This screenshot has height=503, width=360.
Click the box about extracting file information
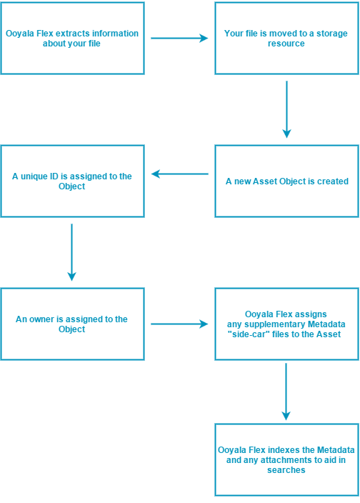[72, 38]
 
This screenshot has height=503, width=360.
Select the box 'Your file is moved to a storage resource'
[286, 38]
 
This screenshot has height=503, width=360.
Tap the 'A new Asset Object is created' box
[286, 181]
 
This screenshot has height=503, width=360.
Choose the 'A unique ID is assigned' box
[72, 181]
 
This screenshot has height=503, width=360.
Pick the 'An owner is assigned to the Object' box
[72, 324]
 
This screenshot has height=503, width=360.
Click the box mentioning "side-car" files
[286, 324]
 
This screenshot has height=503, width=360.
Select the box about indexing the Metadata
[286, 459]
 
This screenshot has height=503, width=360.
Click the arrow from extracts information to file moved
[179, 38]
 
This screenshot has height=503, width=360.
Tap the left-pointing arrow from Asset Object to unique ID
[179, 174]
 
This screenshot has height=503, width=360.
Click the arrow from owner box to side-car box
[179, 324]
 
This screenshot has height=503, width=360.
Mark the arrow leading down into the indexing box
[286, 392]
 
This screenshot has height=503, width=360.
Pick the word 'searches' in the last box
[286, 470]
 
